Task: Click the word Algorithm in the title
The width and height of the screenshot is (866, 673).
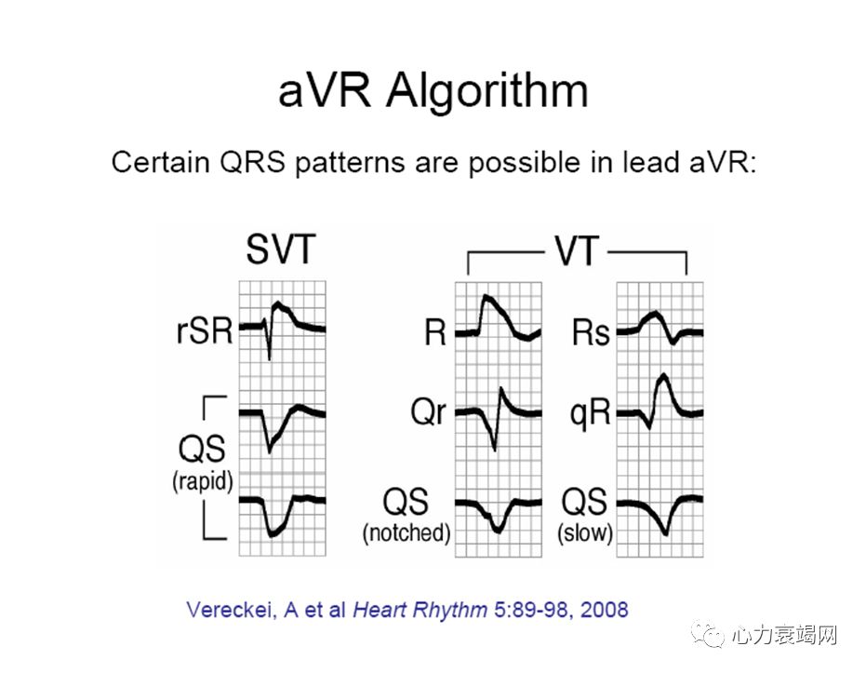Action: click(487, 92)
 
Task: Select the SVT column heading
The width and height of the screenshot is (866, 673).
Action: click(281, 249)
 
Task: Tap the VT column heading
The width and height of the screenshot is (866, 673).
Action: click(577, 250)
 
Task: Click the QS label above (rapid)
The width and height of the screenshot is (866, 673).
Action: click(202, 449)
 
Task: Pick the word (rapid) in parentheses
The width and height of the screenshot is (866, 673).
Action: click(202, 481)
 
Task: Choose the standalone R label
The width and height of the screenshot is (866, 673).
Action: click(435, 333)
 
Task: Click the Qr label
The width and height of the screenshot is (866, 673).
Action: click(428, 411)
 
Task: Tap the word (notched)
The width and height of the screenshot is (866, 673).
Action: click(406, 532)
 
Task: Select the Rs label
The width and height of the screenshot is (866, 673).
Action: click(591, 332)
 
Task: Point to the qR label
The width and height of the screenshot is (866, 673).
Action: click(590, 413)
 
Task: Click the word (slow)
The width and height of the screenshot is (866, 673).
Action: click(585, 533)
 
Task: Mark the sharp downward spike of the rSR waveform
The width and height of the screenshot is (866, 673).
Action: click(270, 358)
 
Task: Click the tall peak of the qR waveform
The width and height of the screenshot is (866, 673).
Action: click(663, 376)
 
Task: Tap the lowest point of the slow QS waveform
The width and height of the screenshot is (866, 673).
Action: click(665, 533)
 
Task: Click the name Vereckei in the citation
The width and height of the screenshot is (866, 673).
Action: click(232, 610)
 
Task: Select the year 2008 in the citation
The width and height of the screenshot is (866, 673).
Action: click(605, 610)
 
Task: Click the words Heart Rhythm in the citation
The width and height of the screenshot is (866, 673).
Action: click(420, 610)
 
